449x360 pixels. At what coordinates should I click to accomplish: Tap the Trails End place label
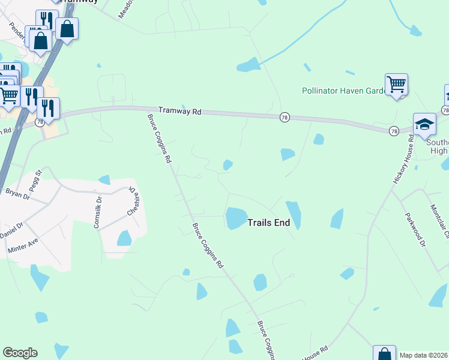(x=269, y=223)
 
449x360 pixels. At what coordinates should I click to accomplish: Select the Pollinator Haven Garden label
(x=343, y=91)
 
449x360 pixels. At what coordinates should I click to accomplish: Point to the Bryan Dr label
(x=17, y=193)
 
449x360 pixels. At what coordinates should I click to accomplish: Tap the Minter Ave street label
(x=23, y=245)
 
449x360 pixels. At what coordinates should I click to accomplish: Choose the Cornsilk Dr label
(x=96, y=211)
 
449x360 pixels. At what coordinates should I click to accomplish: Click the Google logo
(x=20, y=353)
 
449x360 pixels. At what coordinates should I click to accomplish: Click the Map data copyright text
(x=424, y=355)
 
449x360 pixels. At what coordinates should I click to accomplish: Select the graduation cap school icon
(x=424, y=124)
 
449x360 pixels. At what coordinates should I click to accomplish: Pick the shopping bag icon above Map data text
(x=384, y=353)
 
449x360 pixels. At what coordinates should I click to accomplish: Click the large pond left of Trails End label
(x=236, y=218)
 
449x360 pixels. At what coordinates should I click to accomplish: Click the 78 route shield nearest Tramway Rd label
(x=285, y=117)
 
